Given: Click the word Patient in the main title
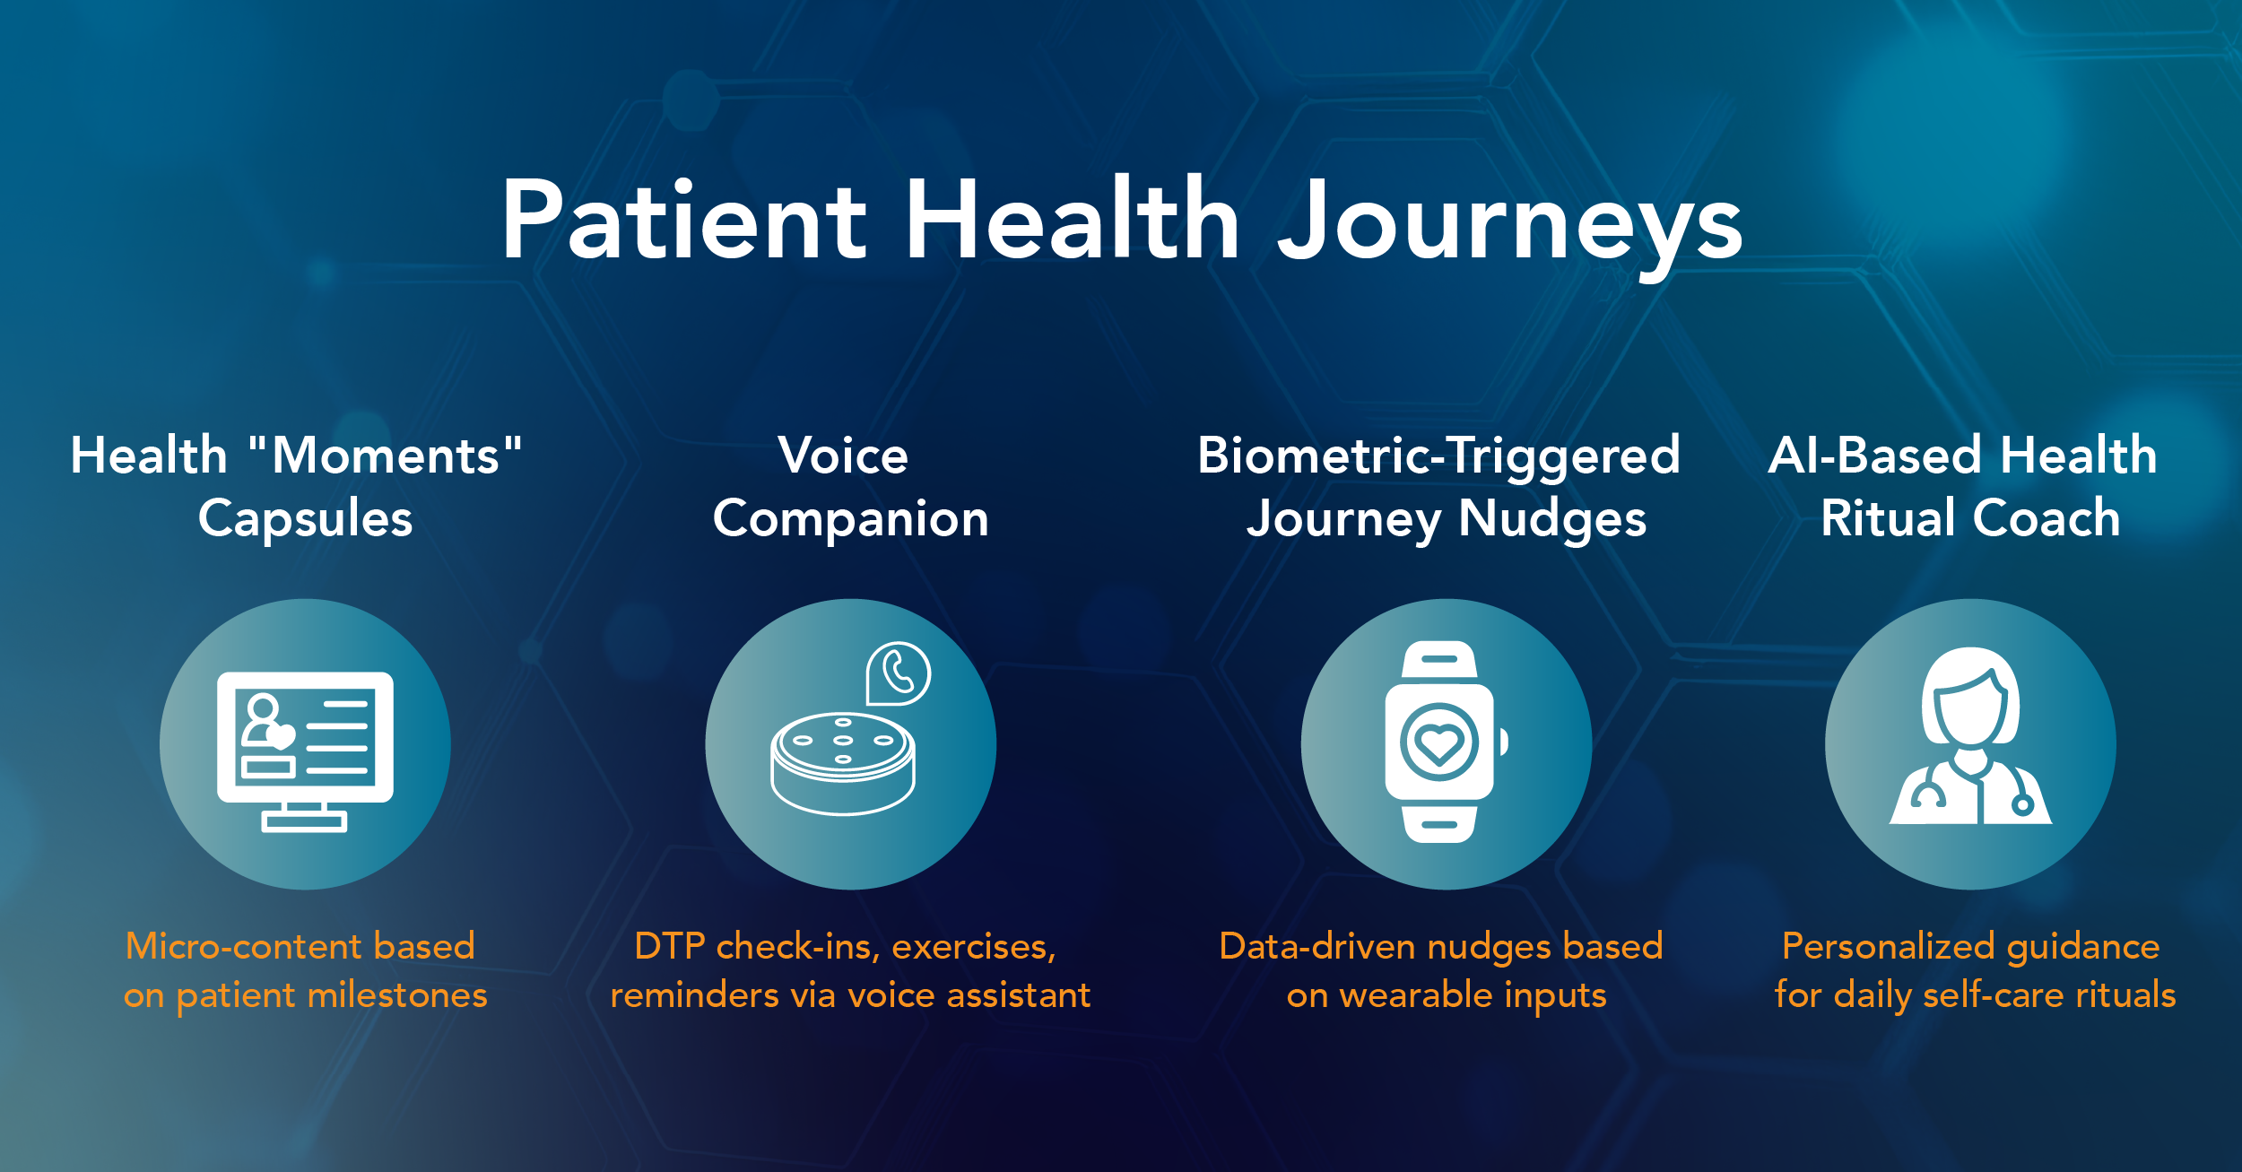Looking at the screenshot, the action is pos(684,220).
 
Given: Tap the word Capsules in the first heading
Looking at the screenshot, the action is pos(306,519).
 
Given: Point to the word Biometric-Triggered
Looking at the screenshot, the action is pos(1438,456).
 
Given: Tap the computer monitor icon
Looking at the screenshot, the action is pos(305,751).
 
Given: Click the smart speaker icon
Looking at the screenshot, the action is pos(843,763).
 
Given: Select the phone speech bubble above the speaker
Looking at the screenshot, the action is pos(898,673).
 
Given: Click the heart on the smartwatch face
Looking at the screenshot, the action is pos(1439,743).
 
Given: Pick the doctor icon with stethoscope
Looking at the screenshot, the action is pos(1971,735).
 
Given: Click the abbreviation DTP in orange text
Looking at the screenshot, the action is pos(669,946).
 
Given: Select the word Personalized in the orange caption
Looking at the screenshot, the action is pos(1889,946).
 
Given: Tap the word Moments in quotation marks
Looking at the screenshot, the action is pos(385,456).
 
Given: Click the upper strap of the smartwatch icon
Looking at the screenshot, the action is pos(1439,660).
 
